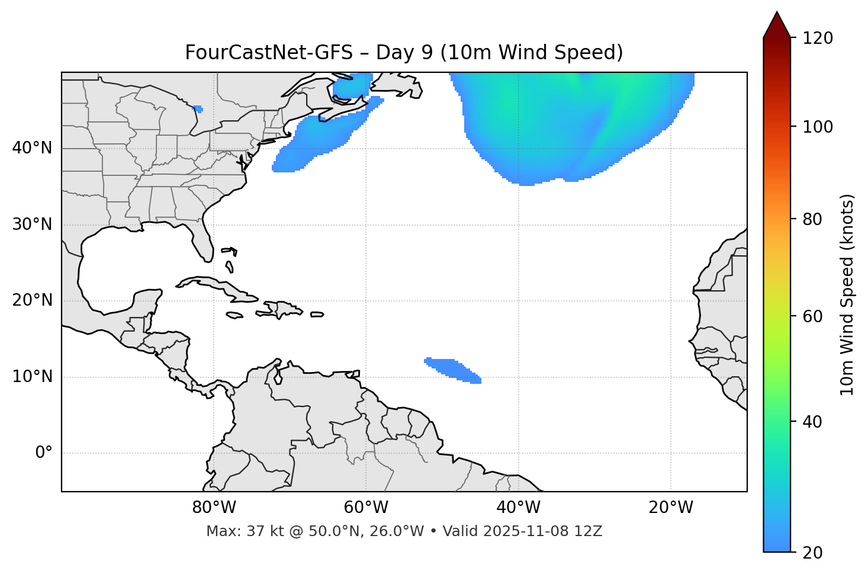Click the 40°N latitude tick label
pyautogui.click(x=32, y=148)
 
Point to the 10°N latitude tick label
pyautogui.click(x=32, y=377)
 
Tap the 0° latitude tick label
pyautogui.click(x=44, y=453)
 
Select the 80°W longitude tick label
pyautogui.click(x=214, y=508)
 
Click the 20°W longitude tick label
pyautogui.click(x=671, y=508)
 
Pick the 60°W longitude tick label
pyautogui.click(x=366, y=508)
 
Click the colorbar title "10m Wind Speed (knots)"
pyautogui.click(x=847, y=294)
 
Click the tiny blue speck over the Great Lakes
pyautogui.click(x=198, y=109)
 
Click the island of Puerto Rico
pyautogui.click(x=317, y=315)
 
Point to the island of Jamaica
pyautogui.click(x=234, y=316)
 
